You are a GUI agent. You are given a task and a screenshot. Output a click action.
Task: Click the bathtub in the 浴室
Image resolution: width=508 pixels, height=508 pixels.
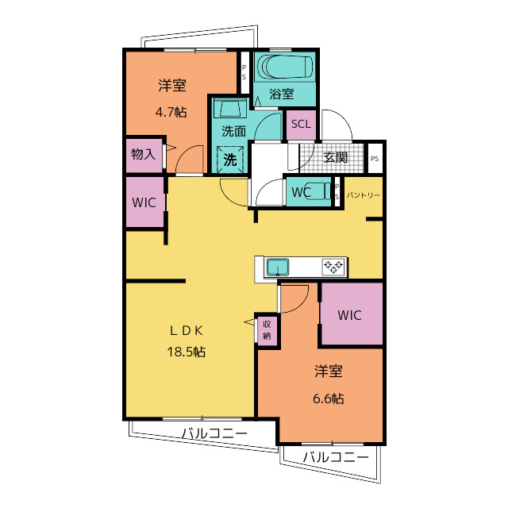(285, 66)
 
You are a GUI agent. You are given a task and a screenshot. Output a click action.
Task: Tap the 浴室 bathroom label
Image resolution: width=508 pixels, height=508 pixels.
(281, 94)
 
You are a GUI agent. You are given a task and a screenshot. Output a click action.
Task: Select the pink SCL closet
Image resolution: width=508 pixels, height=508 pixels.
(301, 125)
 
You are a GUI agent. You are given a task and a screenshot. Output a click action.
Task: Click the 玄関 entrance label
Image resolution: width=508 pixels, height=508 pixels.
(336, 158)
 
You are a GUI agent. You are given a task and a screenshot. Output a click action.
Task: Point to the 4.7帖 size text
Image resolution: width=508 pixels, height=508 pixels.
(171, 113)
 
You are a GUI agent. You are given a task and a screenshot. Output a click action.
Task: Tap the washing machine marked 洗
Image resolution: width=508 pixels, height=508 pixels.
(230, 160)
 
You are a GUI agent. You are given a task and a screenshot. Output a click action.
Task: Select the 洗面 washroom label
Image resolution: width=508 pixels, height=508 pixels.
(233, 131)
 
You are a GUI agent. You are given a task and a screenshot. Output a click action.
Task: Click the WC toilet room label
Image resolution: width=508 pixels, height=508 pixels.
(302, 192)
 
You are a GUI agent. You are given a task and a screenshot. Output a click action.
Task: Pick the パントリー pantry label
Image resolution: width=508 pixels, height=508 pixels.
(364, 195)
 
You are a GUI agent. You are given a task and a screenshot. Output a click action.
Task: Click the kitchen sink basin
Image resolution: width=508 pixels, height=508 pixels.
(278, 267)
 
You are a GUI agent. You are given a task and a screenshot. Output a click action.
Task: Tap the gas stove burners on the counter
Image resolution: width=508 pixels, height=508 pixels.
(333, 267)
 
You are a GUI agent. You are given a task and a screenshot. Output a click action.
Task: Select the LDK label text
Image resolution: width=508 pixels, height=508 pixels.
(187, 330)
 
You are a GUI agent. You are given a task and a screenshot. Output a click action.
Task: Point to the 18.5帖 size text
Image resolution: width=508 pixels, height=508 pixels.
(186, 352)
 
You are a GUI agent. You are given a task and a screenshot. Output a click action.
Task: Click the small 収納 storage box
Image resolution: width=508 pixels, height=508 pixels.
(267, 330)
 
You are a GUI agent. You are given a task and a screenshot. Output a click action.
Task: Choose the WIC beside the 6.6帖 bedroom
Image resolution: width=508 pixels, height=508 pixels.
(352, 314)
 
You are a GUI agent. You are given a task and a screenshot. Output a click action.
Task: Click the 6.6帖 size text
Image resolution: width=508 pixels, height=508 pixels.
(328, 398)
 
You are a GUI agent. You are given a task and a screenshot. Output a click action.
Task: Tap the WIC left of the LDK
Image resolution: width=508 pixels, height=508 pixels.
(144, 202)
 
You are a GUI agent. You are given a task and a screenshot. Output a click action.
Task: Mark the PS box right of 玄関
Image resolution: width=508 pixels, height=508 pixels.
(375, 159)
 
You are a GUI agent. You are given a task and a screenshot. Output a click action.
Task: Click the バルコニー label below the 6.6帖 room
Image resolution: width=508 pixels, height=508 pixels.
(336, 457)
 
